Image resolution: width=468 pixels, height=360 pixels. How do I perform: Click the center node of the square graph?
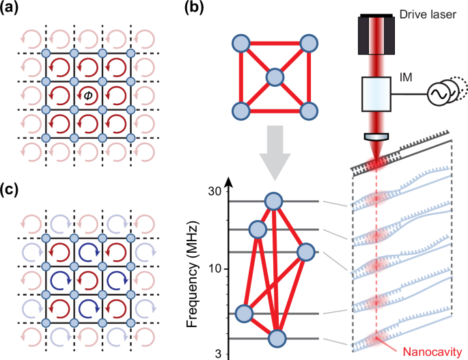click(274, 77)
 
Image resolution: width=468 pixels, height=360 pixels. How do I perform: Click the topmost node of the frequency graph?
click(274, 201)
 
